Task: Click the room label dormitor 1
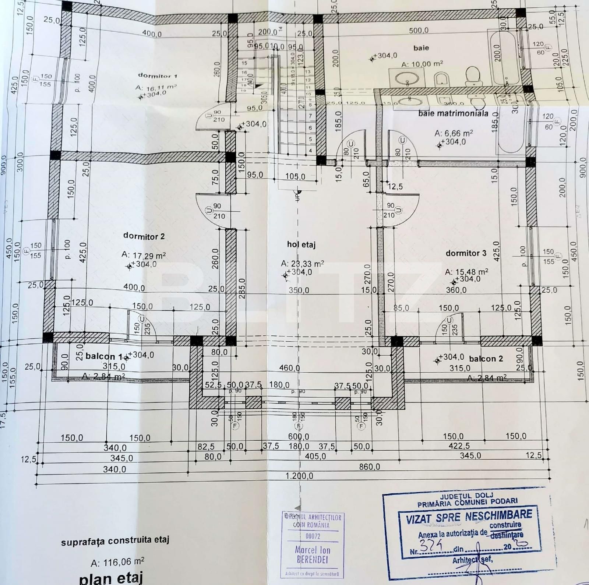coord(157,75)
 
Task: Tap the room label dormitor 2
coord(144,236)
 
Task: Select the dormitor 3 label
coord(466,253)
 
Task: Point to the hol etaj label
coord(301,244)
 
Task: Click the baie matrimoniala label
coord(453,113)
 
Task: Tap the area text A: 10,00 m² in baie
coord(422,64)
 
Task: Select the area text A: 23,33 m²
coord(302,264)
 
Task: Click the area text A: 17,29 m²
coord(144,255)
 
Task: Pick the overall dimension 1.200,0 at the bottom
coord(299,476)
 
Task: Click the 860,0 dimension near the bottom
coord(369,467)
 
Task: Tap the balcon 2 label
coord(486,359)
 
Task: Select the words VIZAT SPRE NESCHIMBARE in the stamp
coord(469,517)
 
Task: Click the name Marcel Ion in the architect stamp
coord(312,550)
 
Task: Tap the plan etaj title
coord(110,578)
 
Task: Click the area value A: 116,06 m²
coord(117,562)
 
